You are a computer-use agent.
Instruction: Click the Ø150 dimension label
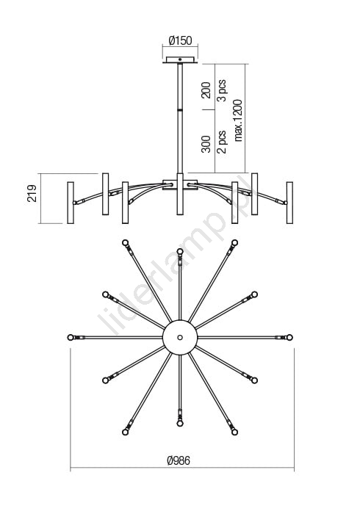(x=180, y=40)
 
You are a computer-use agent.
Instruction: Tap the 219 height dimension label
(x=32, y=193)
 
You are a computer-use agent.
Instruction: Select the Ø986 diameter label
(x=179, y=460)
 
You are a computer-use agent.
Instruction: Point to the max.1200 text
(x=238, y=120)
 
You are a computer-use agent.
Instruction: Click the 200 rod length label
(x=206, y=90)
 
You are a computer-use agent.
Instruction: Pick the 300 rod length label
(x=206, y=144)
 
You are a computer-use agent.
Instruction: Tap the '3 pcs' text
(x=222, y=90)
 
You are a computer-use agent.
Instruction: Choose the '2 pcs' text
(x=222, y=142)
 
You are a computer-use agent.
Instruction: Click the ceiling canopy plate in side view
(x=180, y=60)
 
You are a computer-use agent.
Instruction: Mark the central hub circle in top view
(x=180, y=337)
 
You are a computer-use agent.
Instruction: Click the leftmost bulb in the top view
(x=71, y=337)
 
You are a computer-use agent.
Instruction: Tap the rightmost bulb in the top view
(x=289, y=337)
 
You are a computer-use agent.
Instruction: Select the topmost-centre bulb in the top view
(x=180, y=251)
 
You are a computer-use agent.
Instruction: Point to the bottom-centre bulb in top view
(x=180, y=424)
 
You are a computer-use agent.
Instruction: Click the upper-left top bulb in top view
(x=125, y=243)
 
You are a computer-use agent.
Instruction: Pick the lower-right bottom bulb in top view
(x=234, y=432)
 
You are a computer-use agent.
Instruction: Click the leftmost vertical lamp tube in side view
(x=71, y=203)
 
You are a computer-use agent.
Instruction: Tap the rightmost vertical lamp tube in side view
(x=289, y=203)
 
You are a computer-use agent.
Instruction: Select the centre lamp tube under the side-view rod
(x=180, y=194)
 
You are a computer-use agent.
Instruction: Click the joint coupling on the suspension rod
(x=180, y=109)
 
